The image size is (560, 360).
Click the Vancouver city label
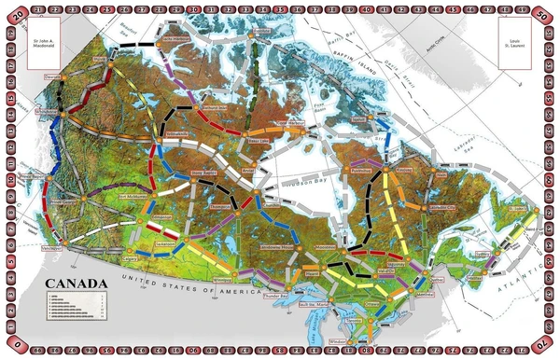click(52, 249)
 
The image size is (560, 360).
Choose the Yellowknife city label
click(175, 133)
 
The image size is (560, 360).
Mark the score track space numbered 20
click(13, 12)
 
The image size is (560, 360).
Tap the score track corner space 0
click(13, 348)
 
